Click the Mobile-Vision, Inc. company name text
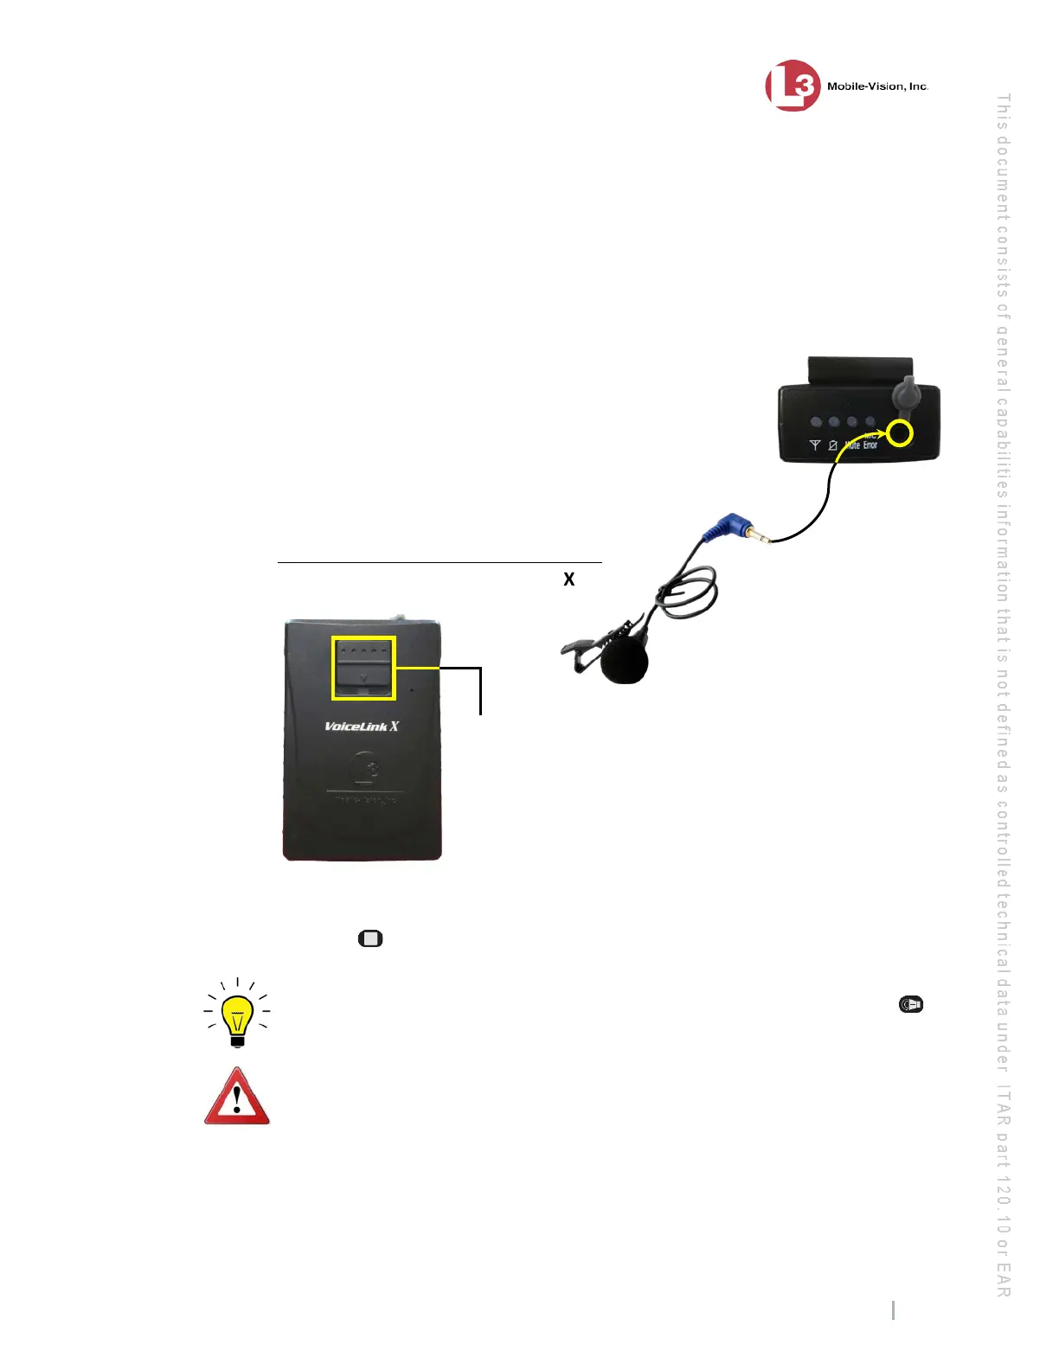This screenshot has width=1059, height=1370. pos(877,86)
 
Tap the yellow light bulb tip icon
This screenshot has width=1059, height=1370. pos(237,1013)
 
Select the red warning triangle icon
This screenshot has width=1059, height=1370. pos(237,1098)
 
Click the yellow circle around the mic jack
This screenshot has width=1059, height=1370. pos(901,432)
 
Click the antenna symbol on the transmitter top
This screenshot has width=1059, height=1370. pos(814,445)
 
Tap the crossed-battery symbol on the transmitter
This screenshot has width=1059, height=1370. pos(832,445)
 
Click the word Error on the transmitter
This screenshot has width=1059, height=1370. pos(870,445)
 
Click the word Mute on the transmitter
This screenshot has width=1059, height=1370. pos(852,445)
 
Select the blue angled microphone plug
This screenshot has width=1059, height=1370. pos(725,526)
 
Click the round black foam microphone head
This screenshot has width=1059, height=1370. pos(624,662)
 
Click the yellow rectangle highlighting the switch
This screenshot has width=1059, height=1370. pos(363,668)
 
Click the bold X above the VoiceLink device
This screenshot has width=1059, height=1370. pos(569,579)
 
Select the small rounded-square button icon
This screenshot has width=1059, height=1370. pos(370,938)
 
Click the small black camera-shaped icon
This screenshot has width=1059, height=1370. pos(911,1004)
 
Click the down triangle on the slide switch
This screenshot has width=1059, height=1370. pos(363,678)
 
